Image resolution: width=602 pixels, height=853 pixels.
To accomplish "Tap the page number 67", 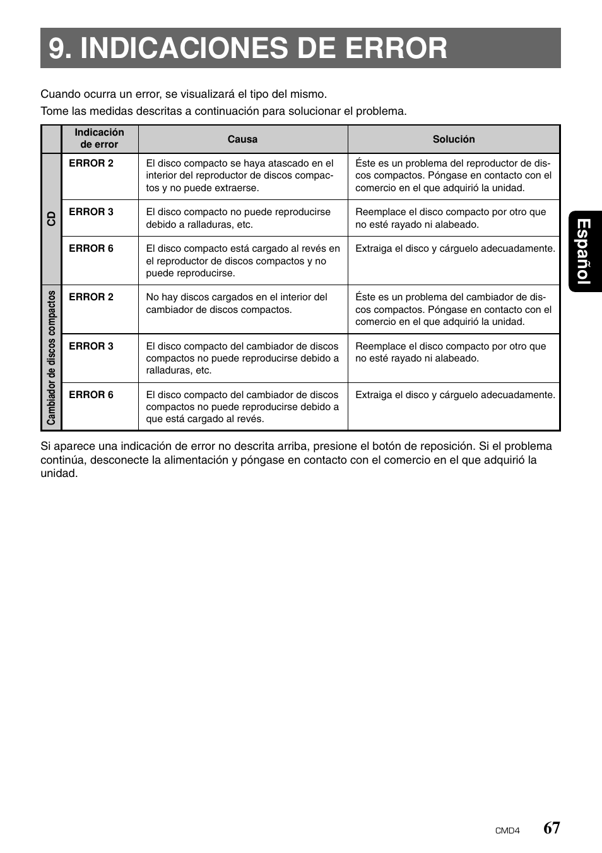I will [551, 828].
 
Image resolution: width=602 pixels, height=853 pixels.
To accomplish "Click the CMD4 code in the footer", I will [507, 831].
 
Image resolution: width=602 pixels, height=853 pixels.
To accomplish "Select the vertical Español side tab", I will [584, 251].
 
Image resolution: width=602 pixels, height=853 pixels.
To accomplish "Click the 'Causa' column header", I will [242, 139].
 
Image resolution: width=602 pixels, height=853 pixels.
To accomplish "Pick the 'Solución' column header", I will [453, 139].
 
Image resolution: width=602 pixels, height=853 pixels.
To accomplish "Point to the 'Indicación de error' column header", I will [99, 139].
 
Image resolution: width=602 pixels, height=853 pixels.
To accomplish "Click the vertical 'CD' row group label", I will [51, 218].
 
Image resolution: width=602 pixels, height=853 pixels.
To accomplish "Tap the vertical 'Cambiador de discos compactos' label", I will [51, 357].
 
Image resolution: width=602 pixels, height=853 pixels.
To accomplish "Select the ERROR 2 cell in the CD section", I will [91, 163].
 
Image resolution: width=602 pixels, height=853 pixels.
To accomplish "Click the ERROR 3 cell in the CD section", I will [91, 212].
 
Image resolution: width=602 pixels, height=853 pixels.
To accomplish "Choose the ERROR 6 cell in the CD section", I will [91, 249].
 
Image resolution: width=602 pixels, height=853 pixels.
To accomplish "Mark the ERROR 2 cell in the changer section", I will [91, 297].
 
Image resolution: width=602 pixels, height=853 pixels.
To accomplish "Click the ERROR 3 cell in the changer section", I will [91, 346].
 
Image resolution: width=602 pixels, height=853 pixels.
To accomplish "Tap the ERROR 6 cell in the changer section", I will [91, 395].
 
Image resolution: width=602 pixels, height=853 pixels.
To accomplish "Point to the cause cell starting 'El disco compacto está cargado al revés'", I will [242, 261].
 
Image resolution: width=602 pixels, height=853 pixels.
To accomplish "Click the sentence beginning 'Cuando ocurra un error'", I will [184, 94].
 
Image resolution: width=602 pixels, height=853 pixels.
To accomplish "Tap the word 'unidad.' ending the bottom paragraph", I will [59, 474].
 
